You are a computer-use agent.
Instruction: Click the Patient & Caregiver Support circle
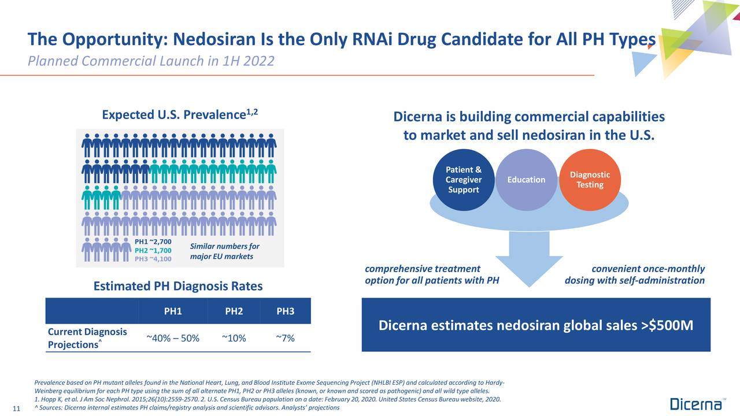point(463,180)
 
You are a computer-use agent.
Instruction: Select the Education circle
point(526,180)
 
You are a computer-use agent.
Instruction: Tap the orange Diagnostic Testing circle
point(590,180)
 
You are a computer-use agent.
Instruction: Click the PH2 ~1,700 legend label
point(153,250)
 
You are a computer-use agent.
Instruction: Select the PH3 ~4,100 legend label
point(153,259)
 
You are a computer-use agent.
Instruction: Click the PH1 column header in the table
point(173,311)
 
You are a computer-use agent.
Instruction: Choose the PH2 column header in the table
point(234,311)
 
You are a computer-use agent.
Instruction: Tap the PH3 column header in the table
point(285,311)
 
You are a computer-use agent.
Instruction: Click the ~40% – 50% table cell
point(173,338)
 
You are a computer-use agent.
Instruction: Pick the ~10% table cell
point(234,338)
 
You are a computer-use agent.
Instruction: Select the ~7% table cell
point(285,338)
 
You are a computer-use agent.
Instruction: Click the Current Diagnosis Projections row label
point(87,338)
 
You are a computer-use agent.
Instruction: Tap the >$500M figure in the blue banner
point(667,326)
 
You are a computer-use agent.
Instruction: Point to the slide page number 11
point(16,409)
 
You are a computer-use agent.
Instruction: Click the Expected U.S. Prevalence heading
point(180,114)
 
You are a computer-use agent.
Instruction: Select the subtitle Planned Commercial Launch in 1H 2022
point(150,61)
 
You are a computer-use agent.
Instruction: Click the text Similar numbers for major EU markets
point(221,251)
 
